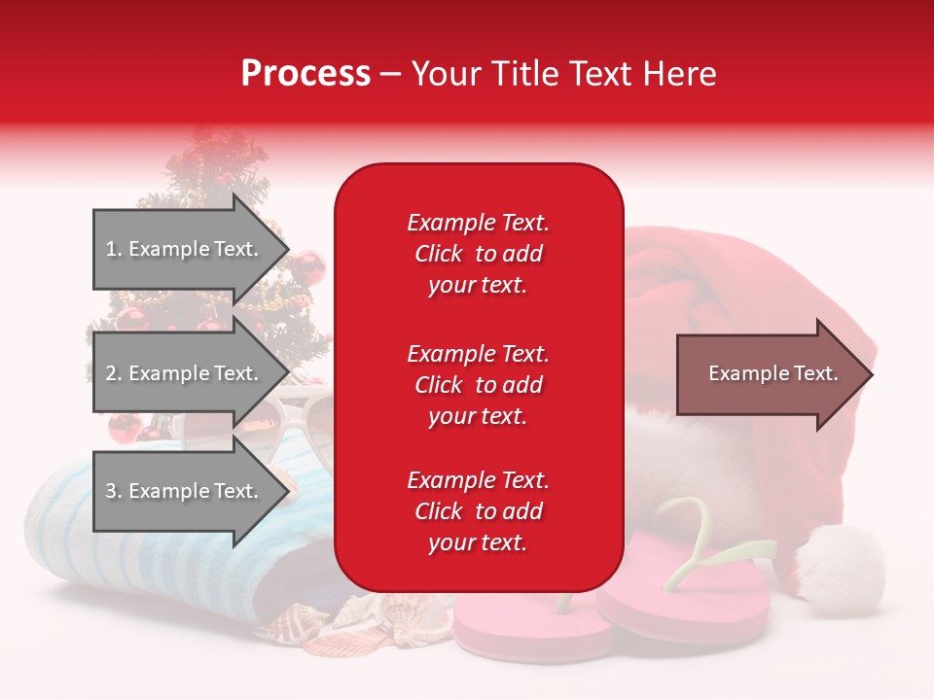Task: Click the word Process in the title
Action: pos(305,74)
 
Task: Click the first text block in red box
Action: pos(478,254)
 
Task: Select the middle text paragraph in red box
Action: pos(478,385)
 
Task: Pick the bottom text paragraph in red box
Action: pos(478,511)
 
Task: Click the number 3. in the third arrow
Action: pos(114,491)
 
